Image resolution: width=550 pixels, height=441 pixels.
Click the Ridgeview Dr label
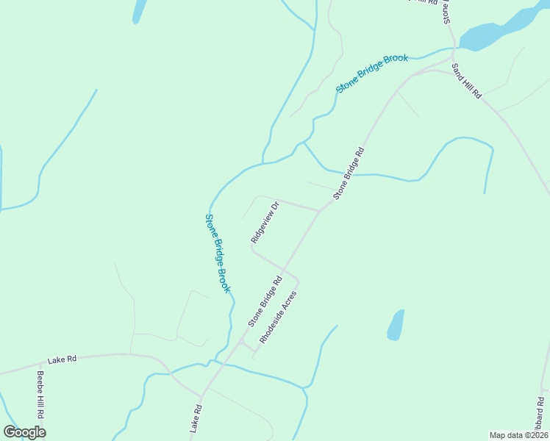tap(265, 222)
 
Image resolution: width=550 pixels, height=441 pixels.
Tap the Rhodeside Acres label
tap(278, 320)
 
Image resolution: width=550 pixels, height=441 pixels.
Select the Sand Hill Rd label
tap(466, 81)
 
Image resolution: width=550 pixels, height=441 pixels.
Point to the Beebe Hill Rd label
tap(41, 394)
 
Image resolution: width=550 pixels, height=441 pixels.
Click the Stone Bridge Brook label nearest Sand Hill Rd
tap(372, 73)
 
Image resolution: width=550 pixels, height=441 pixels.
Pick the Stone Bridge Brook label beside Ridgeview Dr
tap(218, 253)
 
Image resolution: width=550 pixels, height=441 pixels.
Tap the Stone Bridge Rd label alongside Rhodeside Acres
tap(265, 301)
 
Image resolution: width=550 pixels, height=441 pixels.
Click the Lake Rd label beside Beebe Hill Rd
tap(62, 360)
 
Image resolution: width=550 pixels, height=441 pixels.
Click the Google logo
tap(24, 432)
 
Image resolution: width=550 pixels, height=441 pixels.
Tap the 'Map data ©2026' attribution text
tap(518, 435)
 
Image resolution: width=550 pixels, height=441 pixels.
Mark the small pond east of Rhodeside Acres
tap(396, 325)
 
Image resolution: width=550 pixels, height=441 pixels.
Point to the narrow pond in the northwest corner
tap(138, 10)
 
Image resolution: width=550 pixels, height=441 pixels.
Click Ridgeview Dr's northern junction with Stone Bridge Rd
tap(319, 211)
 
